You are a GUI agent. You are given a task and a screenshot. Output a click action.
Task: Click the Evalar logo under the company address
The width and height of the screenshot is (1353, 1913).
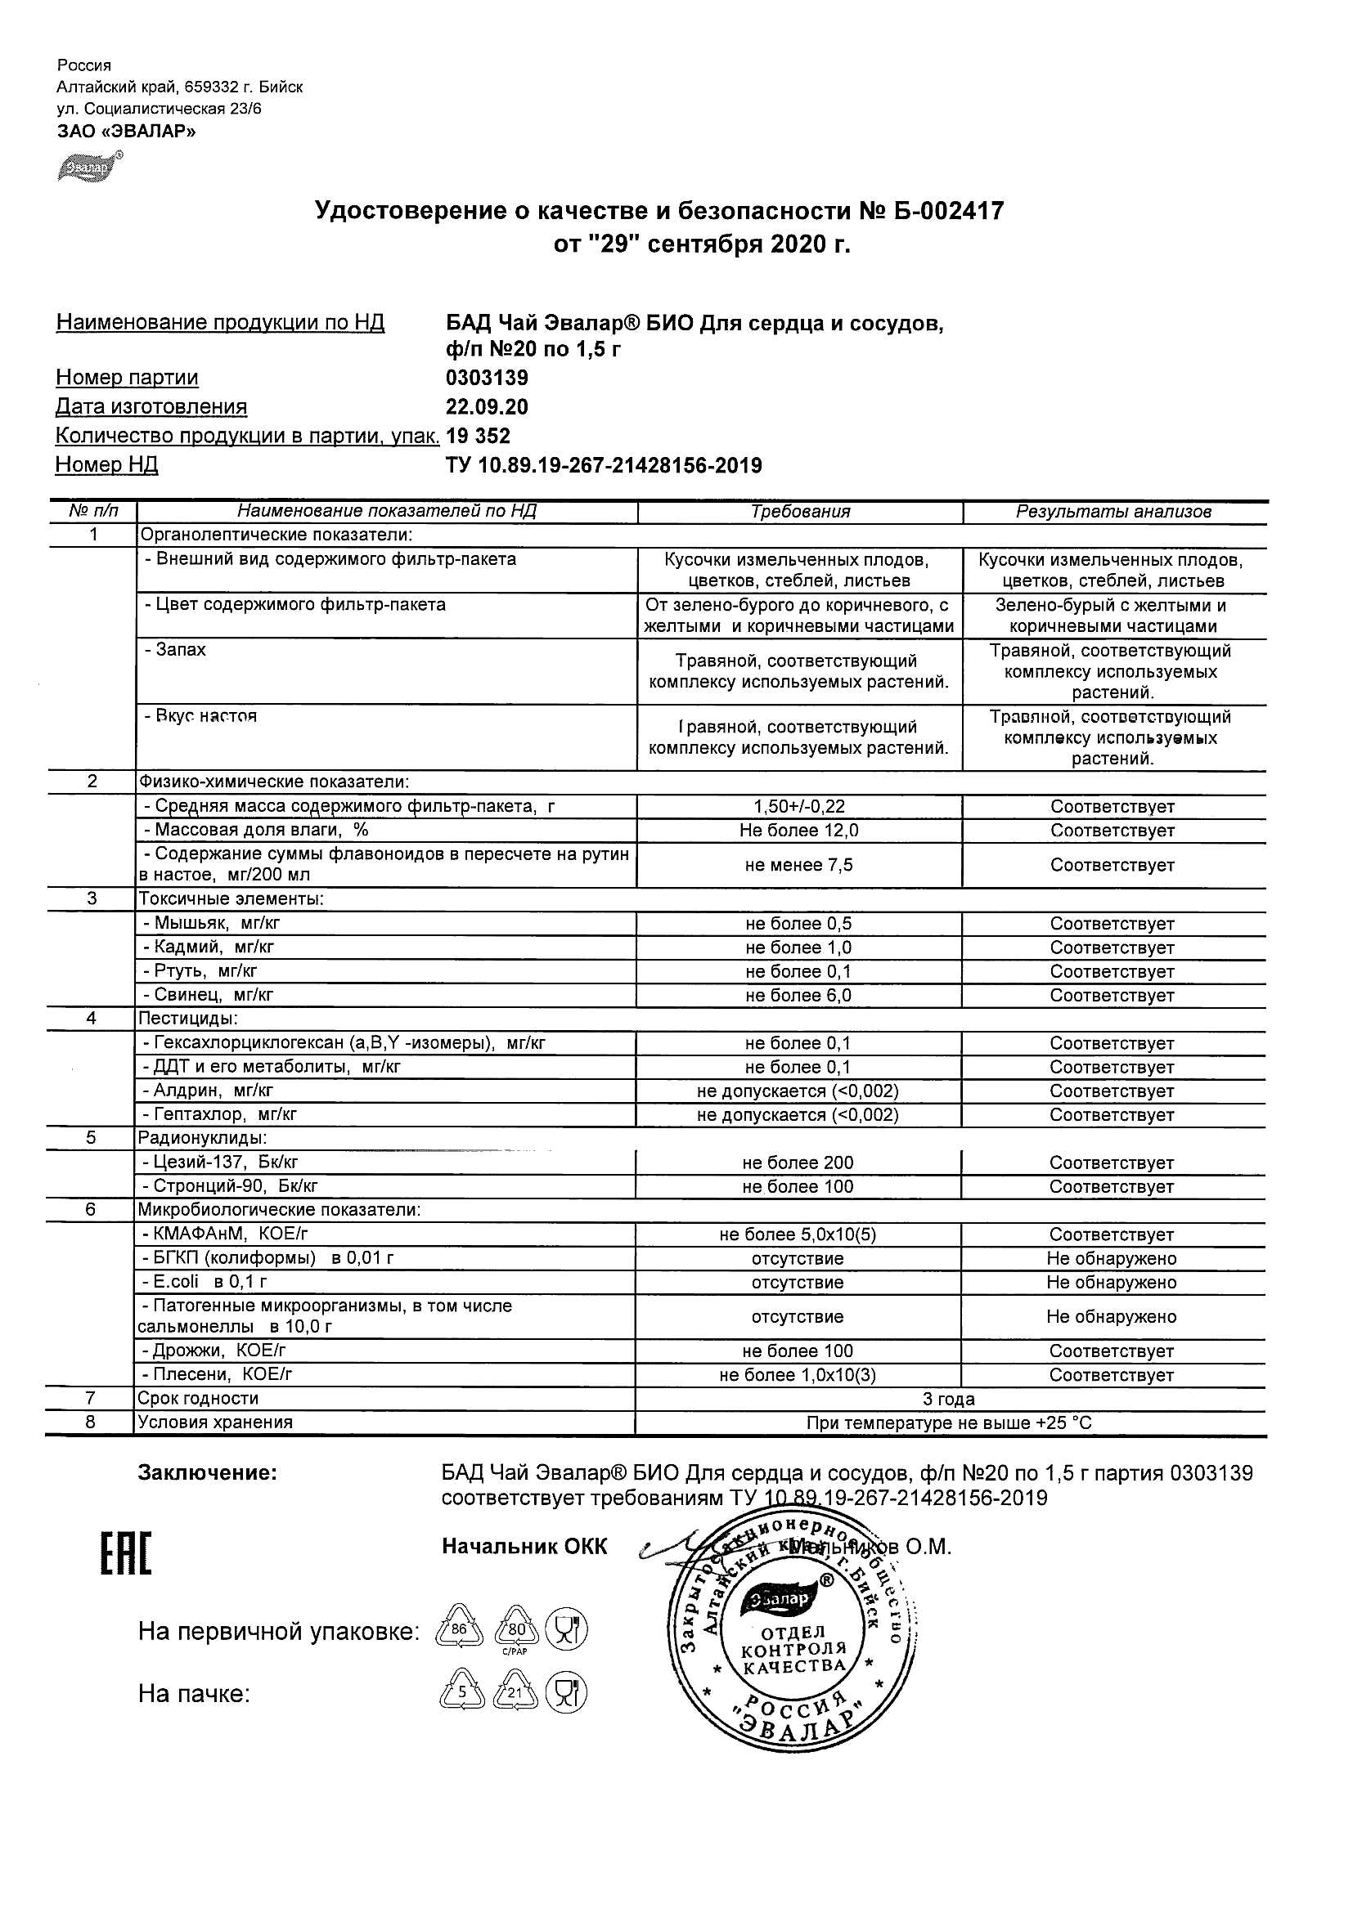[88, 167]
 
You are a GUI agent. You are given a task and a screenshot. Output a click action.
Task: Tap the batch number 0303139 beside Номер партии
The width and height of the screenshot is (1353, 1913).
[487, 379]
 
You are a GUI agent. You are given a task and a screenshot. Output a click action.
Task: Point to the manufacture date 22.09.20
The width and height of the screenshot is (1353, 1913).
[487, 407]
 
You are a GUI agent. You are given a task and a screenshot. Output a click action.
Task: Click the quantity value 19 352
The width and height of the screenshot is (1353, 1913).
[479, 436]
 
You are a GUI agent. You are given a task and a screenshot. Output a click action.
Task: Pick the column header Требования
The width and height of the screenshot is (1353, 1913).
[799, 512]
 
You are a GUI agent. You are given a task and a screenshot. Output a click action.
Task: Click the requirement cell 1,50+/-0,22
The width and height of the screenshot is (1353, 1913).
[798, 807]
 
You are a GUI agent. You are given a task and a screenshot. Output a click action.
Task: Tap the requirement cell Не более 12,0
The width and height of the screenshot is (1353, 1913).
[798, 831]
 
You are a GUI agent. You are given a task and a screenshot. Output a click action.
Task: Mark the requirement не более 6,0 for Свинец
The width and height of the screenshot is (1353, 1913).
[798, 996]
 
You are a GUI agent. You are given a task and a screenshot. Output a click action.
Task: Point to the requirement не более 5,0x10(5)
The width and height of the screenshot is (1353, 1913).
[798, 1234]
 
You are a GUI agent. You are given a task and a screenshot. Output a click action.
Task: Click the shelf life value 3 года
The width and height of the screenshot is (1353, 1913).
[950, 1399]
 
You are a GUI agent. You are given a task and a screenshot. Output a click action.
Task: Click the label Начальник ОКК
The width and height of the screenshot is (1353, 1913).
[524, 1548]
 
